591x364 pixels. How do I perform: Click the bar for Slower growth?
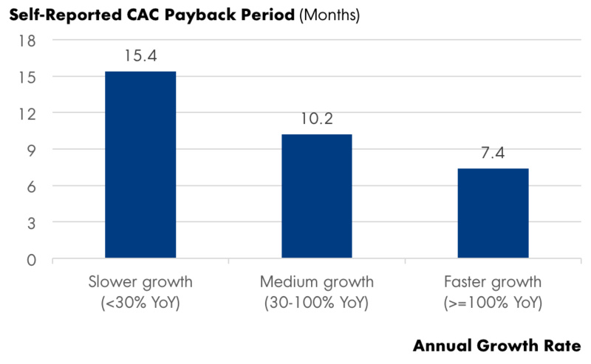point(140,165)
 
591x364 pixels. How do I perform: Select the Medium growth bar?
point(316,196)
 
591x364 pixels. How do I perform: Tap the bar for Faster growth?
point(493,213)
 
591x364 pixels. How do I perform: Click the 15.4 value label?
point(140,55)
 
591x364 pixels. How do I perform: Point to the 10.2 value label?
point(316,119)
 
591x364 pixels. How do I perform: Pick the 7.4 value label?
point(493,153)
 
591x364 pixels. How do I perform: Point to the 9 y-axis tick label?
point(33,150)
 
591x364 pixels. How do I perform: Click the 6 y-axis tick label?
point(33,186)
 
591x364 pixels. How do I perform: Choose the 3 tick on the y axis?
point(33,222)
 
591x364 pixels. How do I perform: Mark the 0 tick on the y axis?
point(33,259)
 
